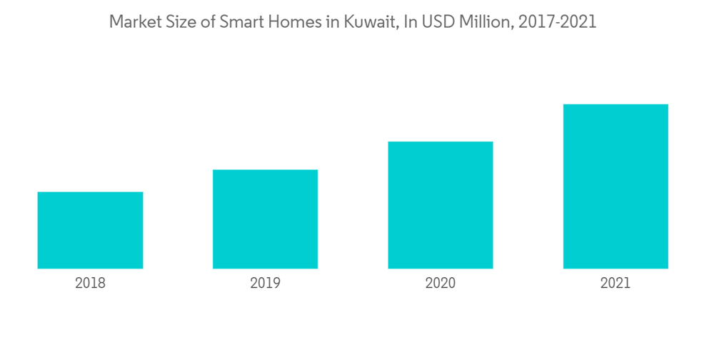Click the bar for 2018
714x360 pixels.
point(90,230)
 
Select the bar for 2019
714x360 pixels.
point(265,219)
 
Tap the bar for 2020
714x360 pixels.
point(440,205)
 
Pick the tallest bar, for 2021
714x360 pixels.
point(615,186)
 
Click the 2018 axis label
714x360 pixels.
point(90,283)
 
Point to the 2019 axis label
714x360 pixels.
point(265,283)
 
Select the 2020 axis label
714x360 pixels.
point(440,283)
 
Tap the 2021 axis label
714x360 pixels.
point(615,283)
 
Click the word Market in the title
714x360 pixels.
point(134,22)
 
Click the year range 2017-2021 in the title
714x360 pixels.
point(558,22)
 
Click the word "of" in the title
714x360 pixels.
point(206,22)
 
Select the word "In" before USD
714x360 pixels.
point(411,22)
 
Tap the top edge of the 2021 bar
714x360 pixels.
point(615,105)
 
